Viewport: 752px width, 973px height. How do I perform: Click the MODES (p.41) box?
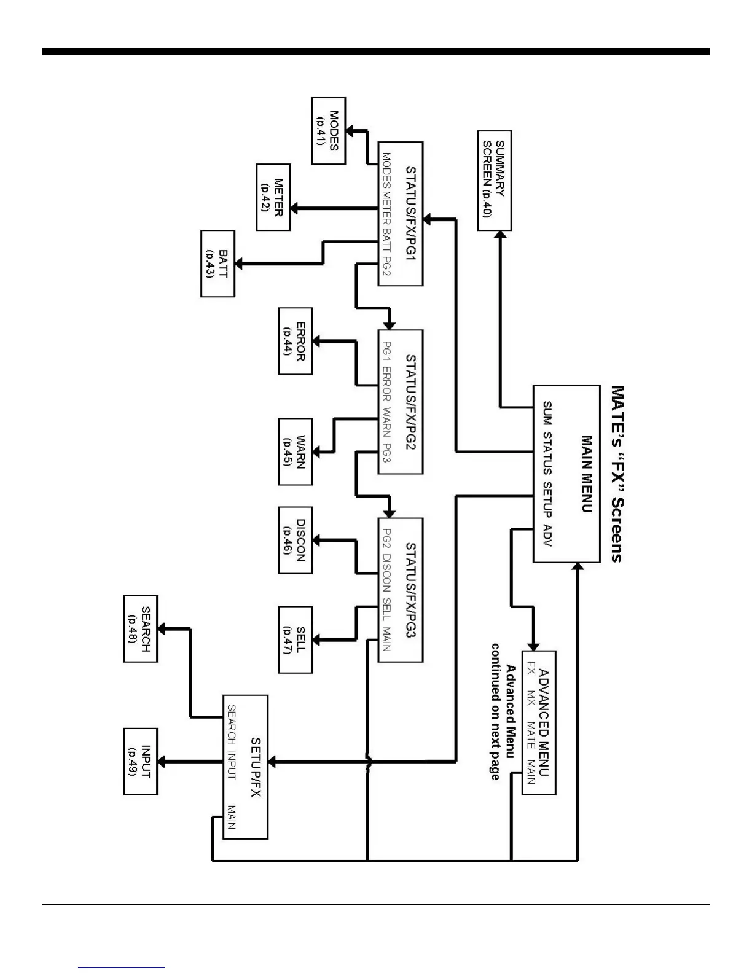point(329,131)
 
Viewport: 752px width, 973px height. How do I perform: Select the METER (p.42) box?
point(273,197)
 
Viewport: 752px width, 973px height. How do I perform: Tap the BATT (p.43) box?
point(218,264)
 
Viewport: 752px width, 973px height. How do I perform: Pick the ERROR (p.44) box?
point(296,340)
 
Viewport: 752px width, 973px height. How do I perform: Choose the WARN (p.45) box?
point(296,451)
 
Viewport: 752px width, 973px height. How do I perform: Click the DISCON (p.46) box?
point(296,540)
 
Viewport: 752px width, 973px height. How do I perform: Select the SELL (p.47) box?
point(296,639)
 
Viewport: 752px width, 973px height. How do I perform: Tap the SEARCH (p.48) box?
point(141,628)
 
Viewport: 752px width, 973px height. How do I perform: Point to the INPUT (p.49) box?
point(141,762)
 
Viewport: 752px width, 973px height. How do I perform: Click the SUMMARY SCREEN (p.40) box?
point(495,181)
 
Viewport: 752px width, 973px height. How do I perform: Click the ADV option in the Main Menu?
point(547,536)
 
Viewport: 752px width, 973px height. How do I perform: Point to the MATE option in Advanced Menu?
point(530,735)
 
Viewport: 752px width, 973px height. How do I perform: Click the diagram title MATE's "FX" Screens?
point(617,474)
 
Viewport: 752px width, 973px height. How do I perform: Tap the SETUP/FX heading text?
point(256,767)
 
